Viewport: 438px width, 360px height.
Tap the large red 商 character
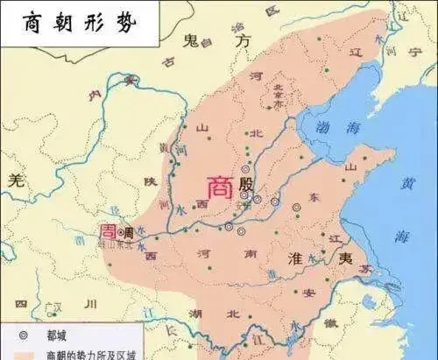(219, 187)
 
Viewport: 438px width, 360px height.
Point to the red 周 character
(106, 231)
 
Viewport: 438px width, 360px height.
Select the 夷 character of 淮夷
(347, 259)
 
